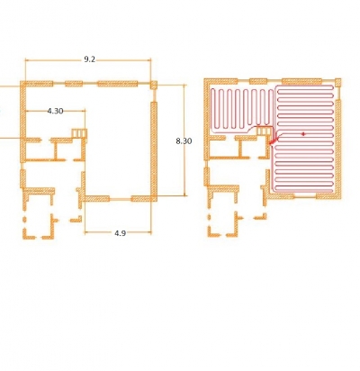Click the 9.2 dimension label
point(89,59)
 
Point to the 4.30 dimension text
point(55,111)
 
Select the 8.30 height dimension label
point(184,140)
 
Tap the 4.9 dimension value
point(120,233)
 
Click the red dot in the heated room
point(303,134)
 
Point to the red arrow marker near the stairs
point(274,140)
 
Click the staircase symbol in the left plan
point(79,132)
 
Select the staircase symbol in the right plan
point(264,131)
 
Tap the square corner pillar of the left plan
point(153,85)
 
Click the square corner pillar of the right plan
point(337,82)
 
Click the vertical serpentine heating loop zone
point(242,110)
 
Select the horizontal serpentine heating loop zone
point(303,138)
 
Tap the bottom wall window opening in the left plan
point(120,199)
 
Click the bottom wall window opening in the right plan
point(305,196)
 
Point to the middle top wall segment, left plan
point(74,84)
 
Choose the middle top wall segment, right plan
point(258,81)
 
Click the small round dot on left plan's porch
point(24,220)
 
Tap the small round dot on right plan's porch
point(209,217)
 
